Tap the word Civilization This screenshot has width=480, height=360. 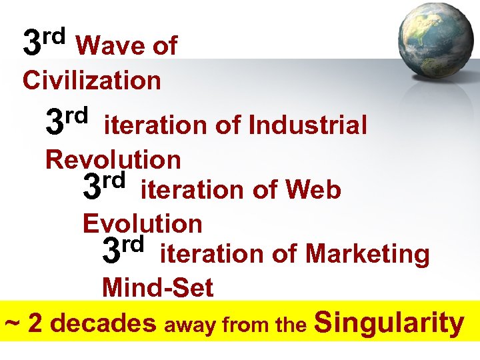coord(92,81)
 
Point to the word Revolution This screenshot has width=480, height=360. coord(113,160)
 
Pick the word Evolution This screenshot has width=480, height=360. coord(143,223)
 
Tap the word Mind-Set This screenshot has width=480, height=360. coord(157,289)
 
